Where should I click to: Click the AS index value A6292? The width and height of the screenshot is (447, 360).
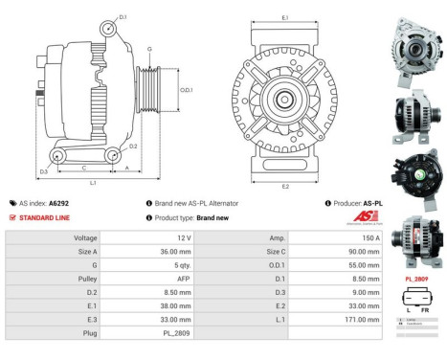pos(58,203)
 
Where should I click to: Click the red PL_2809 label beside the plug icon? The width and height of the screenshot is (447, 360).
pos(415,279)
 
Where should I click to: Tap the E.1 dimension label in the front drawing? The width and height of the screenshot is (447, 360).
pos(285,18)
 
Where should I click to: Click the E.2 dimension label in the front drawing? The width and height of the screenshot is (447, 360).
pos(285,186)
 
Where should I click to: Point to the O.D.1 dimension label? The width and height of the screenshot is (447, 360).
pos(188,90)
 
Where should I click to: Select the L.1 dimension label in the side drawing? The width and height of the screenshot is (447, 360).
pos(93,181)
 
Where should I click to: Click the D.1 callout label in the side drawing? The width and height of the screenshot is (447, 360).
pos(123,16)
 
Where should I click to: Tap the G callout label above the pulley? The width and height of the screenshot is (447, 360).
pos(149,48)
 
